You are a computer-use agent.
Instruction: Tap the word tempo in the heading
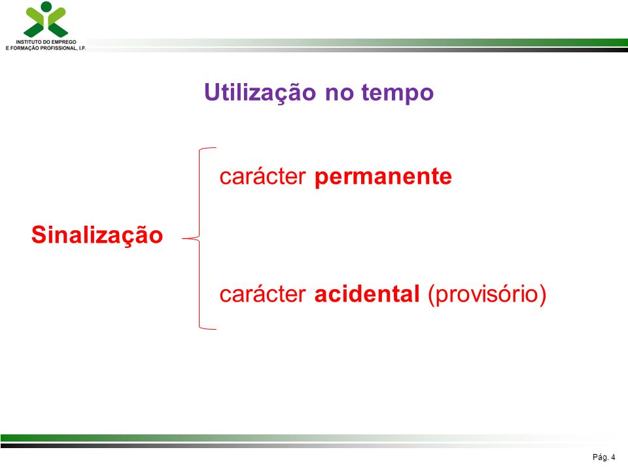[397, 94]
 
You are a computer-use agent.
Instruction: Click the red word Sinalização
[97, 235]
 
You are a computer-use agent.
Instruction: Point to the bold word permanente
[383, 177]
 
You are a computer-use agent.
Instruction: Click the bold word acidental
[367, 294]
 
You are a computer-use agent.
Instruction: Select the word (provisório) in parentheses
[487, 295]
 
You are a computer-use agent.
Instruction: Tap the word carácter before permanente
[263, 176]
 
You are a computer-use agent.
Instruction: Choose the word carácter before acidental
[263, 294]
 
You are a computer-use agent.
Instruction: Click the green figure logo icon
[46, 20]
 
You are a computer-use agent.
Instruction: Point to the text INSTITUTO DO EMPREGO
[46, 42]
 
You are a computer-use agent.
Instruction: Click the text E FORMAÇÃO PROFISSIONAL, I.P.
[46, 48]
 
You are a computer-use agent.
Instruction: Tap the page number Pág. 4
[604, 457]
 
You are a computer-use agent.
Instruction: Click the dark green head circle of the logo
[46, 7]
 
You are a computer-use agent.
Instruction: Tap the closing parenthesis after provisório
[543, 295]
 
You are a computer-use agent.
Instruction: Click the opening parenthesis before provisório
[431, 295]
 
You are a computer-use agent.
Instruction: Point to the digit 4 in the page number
[613, 457]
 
